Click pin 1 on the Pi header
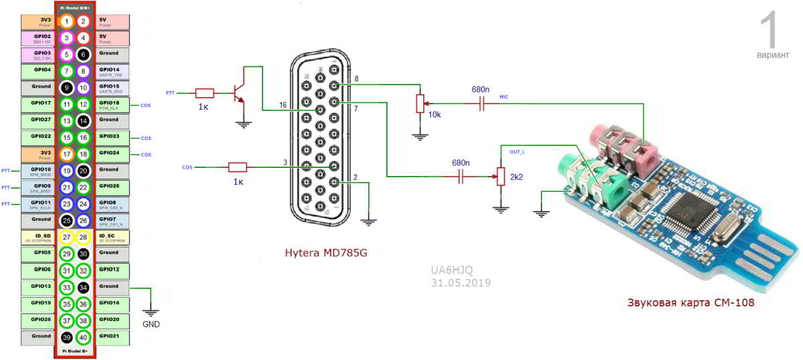tap(66, 21)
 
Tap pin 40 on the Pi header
tap(83, 337)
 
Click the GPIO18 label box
tap(112, 104)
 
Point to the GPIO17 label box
tap(36, 104)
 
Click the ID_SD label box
tap(36, 238)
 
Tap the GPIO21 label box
tap(112, 337)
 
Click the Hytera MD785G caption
tap(326, 252)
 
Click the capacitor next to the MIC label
tap(480, 104)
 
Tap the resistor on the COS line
tap(238, 167)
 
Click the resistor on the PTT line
tap(204, 93)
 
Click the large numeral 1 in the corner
tap(772, 30)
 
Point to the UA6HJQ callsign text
tap(452, 270)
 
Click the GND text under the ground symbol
tap(151, 325)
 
